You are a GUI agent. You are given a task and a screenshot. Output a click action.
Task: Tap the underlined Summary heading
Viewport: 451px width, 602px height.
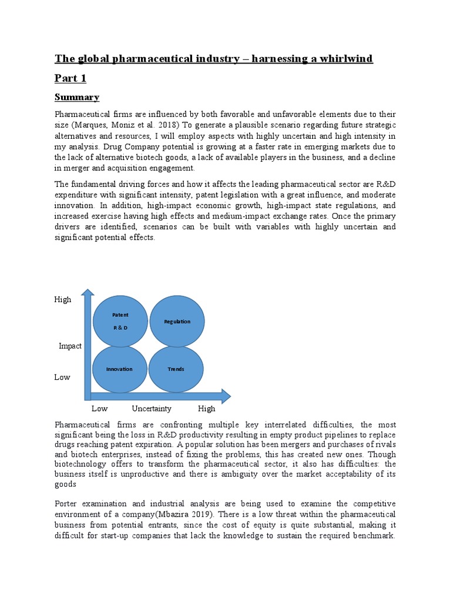click(77, 97)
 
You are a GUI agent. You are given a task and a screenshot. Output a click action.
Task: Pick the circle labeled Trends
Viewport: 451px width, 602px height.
click(176, 369)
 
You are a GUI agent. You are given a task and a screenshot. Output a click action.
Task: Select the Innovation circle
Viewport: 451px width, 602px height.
click(119, 369)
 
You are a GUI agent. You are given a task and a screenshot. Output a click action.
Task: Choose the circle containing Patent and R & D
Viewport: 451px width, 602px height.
click(120, 321)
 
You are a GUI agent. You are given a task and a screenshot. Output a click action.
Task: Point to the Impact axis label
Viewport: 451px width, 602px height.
click(70, 346)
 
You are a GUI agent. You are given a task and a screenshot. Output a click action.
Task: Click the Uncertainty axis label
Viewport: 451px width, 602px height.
click(152, 409)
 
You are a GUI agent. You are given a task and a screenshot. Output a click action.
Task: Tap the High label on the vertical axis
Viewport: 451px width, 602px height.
click(63, 300)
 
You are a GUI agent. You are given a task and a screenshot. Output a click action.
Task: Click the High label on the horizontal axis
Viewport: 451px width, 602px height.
click(207, 409)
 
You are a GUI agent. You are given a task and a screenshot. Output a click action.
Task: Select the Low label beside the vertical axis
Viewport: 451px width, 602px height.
click(62, 377)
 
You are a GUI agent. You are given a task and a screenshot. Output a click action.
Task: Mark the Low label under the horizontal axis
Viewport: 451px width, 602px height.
click(99, 409)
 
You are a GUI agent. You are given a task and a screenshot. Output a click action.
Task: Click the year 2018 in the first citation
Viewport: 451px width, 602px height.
click(187, 125)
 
